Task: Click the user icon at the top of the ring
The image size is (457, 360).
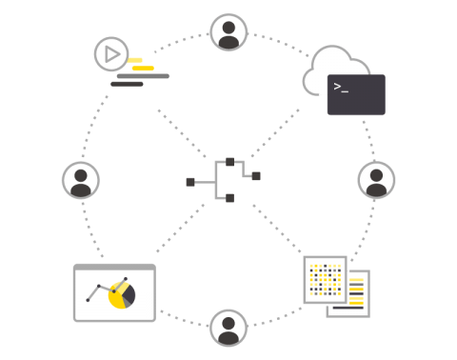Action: pos(228,31)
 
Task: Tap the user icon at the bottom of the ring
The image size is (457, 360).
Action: pos(228,328)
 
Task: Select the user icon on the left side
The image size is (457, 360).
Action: pos(81,180)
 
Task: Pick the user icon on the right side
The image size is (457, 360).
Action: pos(376,180)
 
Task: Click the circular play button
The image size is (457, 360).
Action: pos(111,53)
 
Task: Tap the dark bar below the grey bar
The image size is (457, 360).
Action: pos(127,85)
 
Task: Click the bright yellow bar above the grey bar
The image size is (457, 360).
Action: pos(143,69)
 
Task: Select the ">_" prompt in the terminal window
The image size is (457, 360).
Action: pos(341,86)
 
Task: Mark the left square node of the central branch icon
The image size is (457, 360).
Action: pos(190,182)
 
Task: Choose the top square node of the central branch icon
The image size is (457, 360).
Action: pos(229,162)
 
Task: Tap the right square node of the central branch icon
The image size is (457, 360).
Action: pos(256,176)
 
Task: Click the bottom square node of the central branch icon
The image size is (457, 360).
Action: pos(229,198)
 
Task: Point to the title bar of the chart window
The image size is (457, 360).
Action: pos(114,268)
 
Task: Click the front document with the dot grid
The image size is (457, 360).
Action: pos(324,279)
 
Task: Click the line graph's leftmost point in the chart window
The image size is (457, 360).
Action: pos(88,300)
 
